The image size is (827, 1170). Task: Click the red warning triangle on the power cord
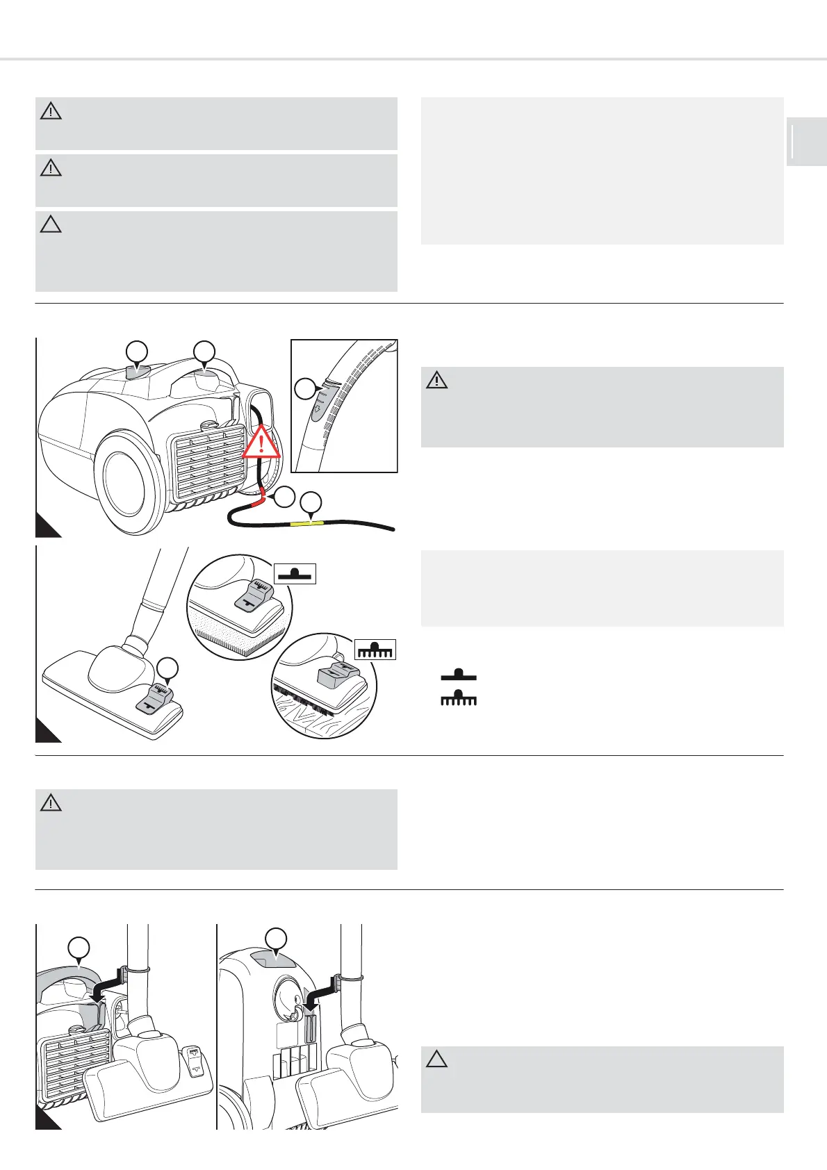[261, 442]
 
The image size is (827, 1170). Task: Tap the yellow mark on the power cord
[311, 521]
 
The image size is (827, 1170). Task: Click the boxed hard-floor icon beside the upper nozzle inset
[296, 574]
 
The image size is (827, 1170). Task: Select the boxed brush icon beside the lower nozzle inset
[375, 649]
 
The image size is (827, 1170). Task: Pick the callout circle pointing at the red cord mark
[284, 496]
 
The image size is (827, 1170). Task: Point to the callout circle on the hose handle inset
[304, 388]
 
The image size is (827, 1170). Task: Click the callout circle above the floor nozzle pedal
[167, 668]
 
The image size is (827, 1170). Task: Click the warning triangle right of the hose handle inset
[436, 380]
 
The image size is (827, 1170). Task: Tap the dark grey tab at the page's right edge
[806, 142]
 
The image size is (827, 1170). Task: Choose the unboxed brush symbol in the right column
[459, 698]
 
